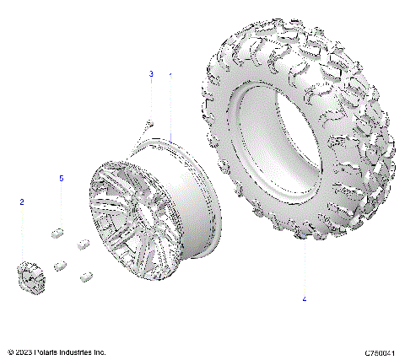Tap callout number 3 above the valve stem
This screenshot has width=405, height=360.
point(151,74)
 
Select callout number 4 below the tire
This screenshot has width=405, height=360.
point(305,298)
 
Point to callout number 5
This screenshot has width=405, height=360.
point(61,179)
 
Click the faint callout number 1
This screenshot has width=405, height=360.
point(170,74)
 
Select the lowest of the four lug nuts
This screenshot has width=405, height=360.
point(85,277)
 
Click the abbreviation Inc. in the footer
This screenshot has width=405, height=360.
point(100,352)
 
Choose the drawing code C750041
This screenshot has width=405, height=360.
point(381,352)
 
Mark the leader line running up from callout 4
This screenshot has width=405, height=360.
point(305,261)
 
